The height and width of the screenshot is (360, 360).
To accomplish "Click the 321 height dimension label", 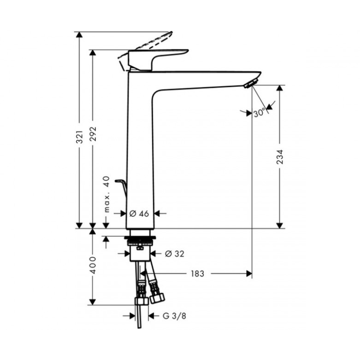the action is pyautogui.click(x=80, y=137).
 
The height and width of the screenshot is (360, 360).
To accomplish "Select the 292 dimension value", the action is pyautogui.click(x=93, y=134).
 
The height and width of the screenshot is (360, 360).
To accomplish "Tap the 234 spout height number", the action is pyautogui.click(x=280, y=157).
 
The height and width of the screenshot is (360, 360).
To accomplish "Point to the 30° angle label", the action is pyautogui.click(x=260, y=113).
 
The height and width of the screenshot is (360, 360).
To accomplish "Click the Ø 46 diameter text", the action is pyautogui.click(x=139, y=213).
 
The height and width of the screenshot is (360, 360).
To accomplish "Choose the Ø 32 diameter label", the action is pyautogui.click(x=175, y=254).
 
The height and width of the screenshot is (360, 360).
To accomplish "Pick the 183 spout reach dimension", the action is pyautogui.click(x=198, y=274).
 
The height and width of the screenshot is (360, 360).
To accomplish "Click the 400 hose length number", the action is pyautogui.click(x=93, y=265).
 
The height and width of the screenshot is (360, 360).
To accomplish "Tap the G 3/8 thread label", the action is pyautogui.click(x=174, y=316).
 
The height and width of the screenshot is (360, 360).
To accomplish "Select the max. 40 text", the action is pyautogui.click(x=107, y=194).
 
